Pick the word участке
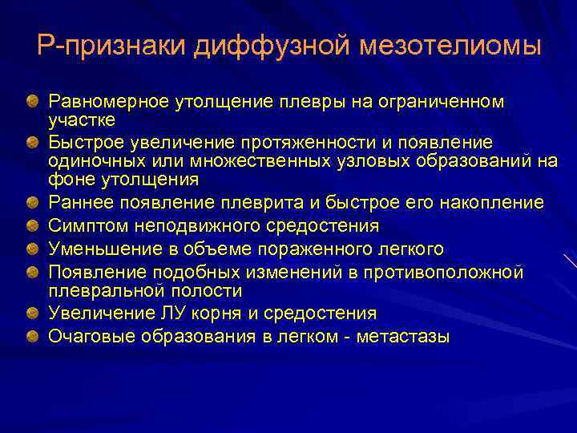click(83, 119)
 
